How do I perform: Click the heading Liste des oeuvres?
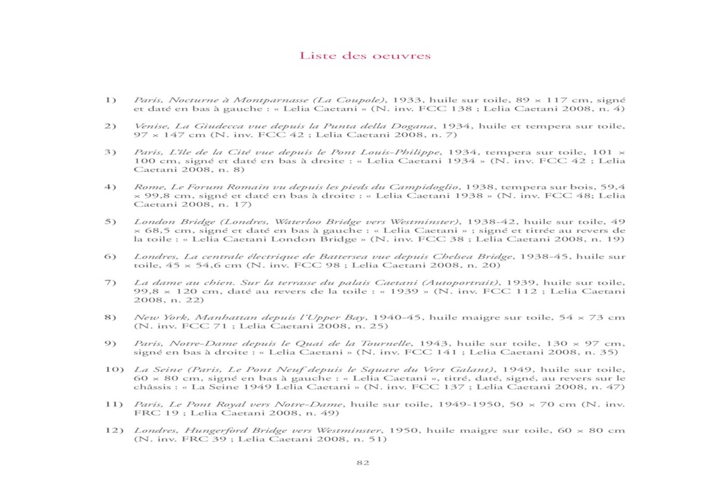coord(365,55)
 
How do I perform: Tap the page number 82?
coord(362,463)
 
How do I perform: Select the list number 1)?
coord(110,100)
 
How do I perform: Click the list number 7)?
coord(110,283)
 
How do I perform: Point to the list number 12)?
coord(113,429)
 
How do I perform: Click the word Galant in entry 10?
coord(476,369)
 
